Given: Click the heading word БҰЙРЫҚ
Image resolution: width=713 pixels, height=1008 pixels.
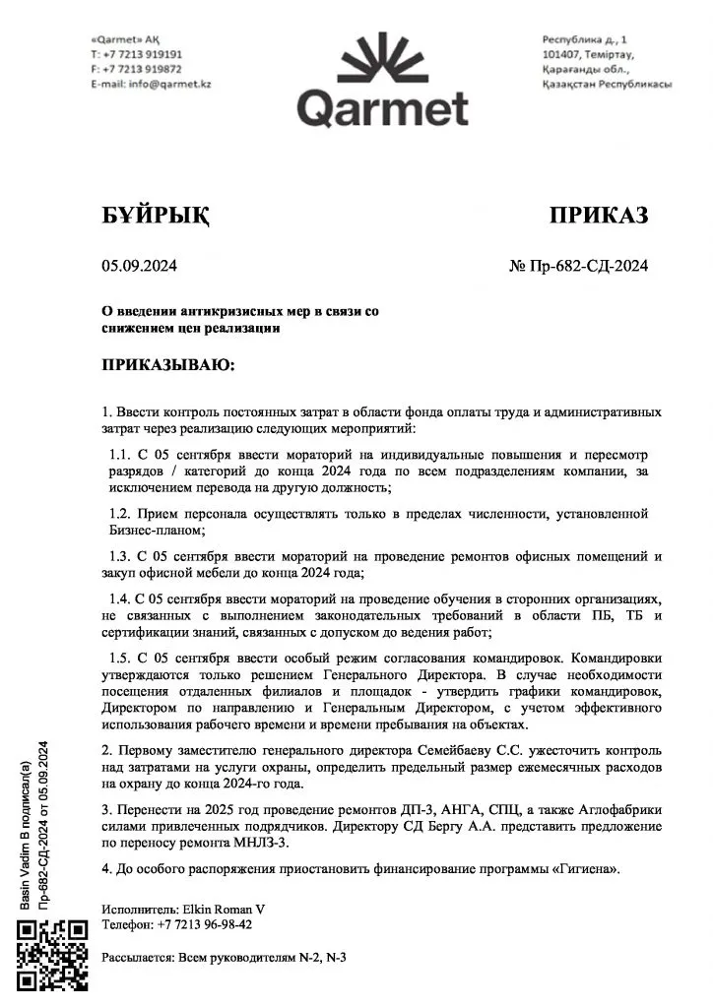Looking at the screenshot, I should point(156,216).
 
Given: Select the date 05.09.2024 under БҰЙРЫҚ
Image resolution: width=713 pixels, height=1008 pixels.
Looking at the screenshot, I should point(139,265).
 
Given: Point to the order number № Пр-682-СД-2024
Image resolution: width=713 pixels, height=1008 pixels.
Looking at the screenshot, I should point(578,265).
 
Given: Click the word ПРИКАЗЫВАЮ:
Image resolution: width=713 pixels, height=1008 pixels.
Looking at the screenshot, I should point(168,365).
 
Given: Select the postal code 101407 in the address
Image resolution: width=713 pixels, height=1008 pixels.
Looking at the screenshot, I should point(564,54).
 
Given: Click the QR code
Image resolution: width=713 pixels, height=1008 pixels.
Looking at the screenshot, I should point(54,954).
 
